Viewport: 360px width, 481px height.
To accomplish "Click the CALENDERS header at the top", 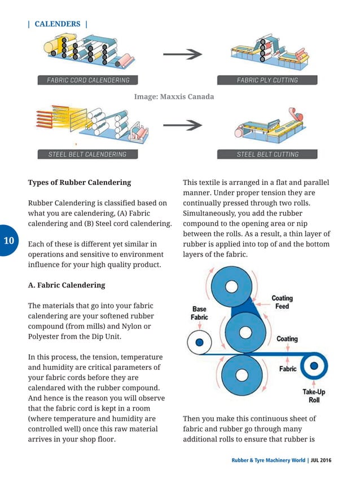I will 58,24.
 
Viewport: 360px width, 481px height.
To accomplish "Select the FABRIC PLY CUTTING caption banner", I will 266,80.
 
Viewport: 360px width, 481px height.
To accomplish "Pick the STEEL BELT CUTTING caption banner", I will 267,154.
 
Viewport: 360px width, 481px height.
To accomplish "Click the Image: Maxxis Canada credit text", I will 174,97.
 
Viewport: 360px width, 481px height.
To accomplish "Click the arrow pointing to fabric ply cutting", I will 182,55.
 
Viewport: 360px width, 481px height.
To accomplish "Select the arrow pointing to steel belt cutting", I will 182,128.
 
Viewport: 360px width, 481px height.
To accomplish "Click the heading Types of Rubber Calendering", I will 80,183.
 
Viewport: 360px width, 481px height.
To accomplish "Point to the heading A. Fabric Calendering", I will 67,285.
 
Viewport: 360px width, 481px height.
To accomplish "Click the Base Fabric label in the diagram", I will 199,314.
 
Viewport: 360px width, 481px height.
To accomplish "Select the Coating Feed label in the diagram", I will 282,302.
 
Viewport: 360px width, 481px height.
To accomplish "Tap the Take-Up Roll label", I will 314,395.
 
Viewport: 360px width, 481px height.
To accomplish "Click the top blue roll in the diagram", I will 231,286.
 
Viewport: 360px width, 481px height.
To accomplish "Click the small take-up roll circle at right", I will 314,366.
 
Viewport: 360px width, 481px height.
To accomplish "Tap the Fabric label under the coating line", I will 288,369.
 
